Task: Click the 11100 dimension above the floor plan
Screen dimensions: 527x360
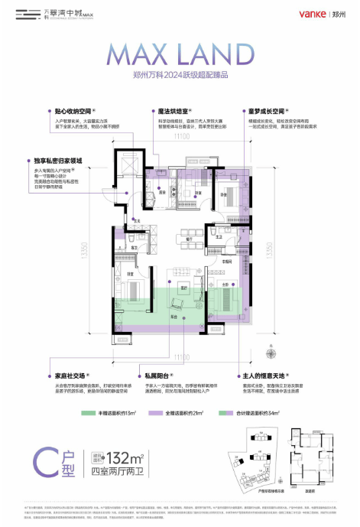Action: click(180, 137)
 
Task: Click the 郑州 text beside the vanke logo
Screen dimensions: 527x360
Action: click(338, 14)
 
